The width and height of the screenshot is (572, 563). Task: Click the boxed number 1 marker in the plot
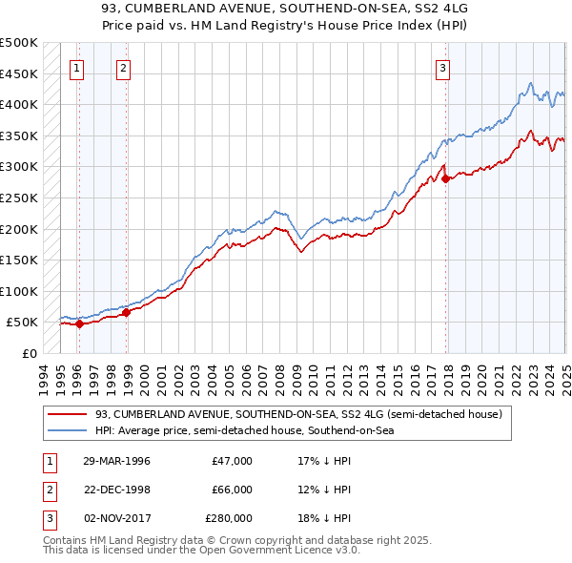tap(76, 68)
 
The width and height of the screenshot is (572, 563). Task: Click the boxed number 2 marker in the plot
tap(124, 68)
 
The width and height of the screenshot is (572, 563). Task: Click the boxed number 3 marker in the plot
tap(443, 68)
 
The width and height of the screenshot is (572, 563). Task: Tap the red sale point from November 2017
tap(445, 178)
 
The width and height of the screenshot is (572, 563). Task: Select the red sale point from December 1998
tap(126, 312)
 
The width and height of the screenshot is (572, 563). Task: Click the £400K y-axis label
tap(19, 104)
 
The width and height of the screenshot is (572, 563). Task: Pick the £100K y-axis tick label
tap(19, 291)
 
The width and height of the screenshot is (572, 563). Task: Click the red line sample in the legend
tap(68, 414)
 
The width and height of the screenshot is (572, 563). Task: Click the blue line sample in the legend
tap(68, 431)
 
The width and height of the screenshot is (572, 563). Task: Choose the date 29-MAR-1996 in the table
tap(116, 461)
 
